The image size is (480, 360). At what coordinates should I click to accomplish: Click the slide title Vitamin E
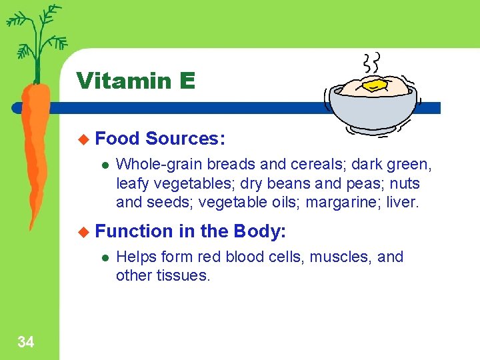click(136, 81)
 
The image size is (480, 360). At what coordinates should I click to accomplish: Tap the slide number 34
click(26, 343)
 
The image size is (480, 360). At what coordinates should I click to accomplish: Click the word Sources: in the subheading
click(185, 139)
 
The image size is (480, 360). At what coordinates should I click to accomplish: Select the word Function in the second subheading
click(134, 231)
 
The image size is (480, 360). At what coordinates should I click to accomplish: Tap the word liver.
click(402, 201)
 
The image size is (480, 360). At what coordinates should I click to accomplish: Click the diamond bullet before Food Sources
click(83, 139)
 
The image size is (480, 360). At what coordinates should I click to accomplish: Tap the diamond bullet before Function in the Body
click(83, 231)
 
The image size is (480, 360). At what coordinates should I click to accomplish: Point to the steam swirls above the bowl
click(371, 63)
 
